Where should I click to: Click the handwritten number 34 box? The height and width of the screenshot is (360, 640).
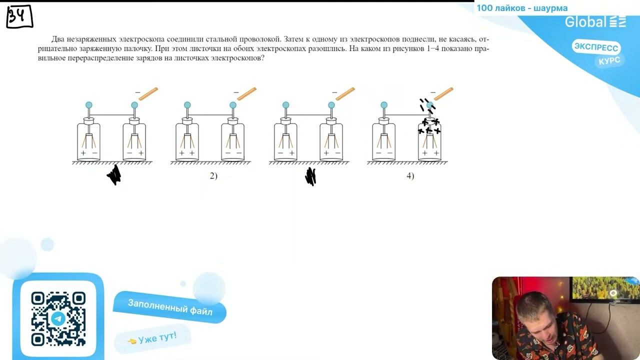(x=19, y=16)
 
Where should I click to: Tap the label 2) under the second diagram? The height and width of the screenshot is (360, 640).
(x=213, y=176)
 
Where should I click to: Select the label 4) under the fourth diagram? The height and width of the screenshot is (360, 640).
(x=410, y=176)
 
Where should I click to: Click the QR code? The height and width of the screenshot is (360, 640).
(x=58, y=318)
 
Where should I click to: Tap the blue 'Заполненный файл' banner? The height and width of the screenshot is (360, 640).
(x=169, y=307)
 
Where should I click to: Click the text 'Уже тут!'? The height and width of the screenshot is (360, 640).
(x=157, y=338)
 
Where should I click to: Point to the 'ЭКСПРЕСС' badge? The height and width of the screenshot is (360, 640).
(x=596, y=47)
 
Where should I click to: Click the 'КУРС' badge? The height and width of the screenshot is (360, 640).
(x=609, y=61)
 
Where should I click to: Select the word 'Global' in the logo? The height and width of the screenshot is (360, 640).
(x=585, y=22)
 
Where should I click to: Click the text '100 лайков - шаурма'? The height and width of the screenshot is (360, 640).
(x=522, y=8)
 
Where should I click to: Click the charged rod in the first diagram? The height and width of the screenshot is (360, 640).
(x=148, y=93)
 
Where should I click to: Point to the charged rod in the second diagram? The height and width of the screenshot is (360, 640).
(x=247, y=93)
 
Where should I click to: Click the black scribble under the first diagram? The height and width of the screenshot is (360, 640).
(x=114, y=174)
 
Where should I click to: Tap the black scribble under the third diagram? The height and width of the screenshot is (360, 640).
(x=310, y=176)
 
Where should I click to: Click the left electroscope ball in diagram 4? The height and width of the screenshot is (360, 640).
(x=384, y=105)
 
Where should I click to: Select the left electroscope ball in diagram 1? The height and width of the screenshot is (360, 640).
(x=89, y=105)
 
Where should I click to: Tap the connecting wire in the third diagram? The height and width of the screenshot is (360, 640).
(x=308, y=115)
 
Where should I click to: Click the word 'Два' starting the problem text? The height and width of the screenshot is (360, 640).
(x=56, y=39)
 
